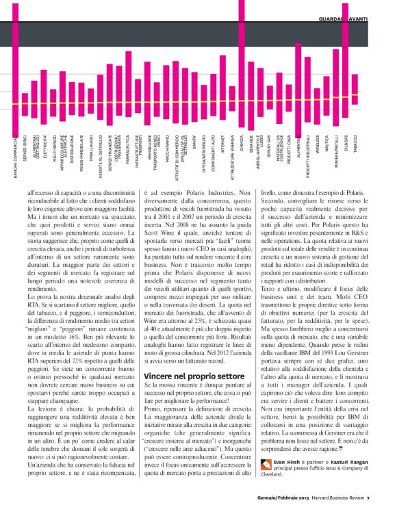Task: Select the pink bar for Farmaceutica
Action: click(129, 83)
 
